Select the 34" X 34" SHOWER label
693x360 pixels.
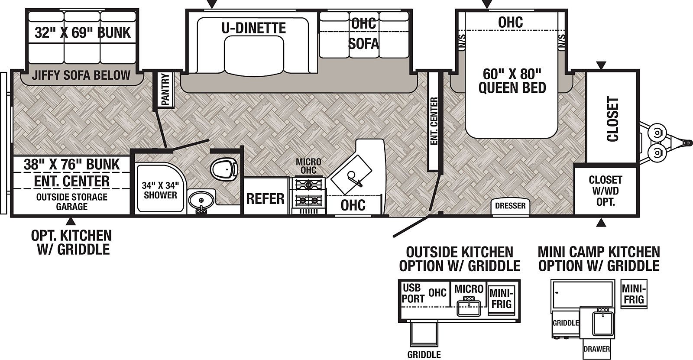pos(160,190)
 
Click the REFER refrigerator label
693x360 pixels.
pos(265,199)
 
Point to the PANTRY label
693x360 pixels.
pos(165,89)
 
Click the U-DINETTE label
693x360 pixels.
pos(254,28)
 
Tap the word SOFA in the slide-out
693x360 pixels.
pos(364,44)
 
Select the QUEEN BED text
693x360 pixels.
pos(512,88)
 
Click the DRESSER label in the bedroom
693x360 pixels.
pos(510,205)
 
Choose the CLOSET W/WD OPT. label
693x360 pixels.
pos(605,191)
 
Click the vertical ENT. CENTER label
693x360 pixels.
pos(434,121)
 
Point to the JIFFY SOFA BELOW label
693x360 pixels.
pos(81,75)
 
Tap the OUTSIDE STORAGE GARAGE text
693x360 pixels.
pos(72,202)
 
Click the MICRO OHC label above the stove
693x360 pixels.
pos(308,166)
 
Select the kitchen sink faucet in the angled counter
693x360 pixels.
pos(354,178)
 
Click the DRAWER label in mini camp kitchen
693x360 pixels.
pos(596,349)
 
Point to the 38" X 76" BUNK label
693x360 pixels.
pos(72,164)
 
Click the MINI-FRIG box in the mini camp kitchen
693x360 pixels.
pos(634,294)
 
